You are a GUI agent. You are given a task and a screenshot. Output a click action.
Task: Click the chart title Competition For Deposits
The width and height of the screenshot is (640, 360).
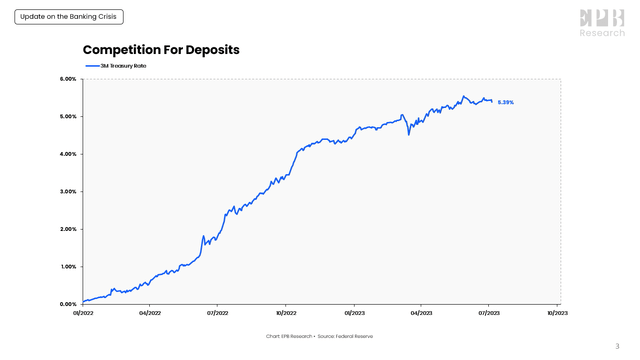click(x=161, y=49)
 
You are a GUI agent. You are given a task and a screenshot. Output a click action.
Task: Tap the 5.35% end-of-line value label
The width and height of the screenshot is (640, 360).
click(x=505, y=102)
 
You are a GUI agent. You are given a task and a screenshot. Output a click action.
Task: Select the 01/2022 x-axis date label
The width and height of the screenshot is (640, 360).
click(x=83, y=313)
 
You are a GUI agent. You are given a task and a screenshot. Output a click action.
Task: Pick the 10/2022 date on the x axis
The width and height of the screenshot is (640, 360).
click(x=285, y=313)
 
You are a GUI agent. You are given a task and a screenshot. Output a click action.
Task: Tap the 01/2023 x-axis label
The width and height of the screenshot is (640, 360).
click(x=353, y=313)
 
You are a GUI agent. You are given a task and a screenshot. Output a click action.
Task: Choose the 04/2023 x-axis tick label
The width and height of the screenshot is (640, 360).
click(x=421, y=313)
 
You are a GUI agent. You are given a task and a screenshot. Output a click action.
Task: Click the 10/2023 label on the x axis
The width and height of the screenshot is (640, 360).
click(x=557, y=313)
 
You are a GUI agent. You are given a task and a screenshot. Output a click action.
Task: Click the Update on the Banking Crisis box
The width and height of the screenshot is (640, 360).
click(x=62, y=17)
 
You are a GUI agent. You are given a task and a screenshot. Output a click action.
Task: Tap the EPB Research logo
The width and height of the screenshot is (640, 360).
click(x=602, y=22)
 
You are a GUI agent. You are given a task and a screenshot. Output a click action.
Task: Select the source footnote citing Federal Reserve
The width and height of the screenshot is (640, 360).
click(x=320, y=336)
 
